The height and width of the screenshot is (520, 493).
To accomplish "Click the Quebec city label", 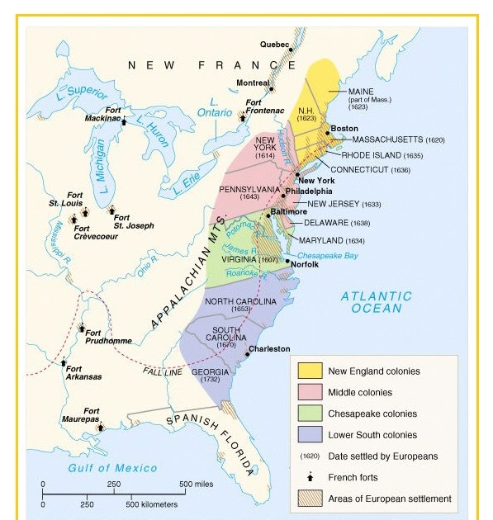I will click(x=275, y=44).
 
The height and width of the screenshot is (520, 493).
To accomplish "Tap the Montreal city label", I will click(x=253, y=83).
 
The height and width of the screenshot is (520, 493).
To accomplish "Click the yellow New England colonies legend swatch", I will click(x=310, y=371).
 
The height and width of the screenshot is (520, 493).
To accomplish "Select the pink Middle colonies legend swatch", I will click(x=310, y=392).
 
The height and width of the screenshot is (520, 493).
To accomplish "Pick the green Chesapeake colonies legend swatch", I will click(x=310, y=414).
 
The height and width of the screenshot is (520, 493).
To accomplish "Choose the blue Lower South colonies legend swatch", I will click(x=310, y=435).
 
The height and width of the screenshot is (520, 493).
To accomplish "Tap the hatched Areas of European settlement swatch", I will click(x=310, y=499).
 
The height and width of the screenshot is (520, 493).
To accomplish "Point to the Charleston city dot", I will click(x=248, y=353).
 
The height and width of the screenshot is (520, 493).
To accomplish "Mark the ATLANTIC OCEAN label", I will click(x=376, y=302).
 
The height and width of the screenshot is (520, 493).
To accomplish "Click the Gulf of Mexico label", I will click(x=112, y=468).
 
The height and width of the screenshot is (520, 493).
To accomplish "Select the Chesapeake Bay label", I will click(x=327, y=255).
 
